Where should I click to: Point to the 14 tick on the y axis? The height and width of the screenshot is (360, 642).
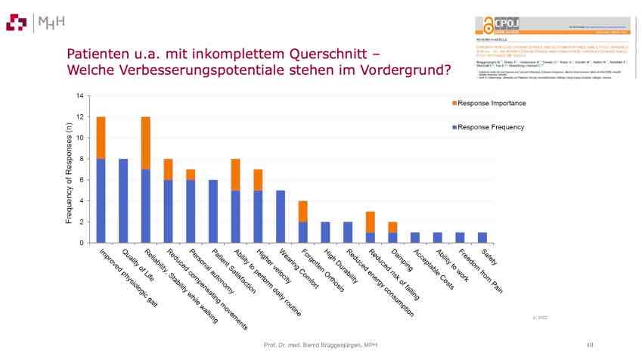tap(78, 97)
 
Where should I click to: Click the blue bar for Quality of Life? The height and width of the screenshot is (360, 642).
tap(123, 200)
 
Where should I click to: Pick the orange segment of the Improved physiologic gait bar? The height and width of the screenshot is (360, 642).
tap(101, 138)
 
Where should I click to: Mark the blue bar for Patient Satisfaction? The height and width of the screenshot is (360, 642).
tap(213, 211)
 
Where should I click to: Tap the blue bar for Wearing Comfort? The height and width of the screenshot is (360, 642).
tap(281, 216)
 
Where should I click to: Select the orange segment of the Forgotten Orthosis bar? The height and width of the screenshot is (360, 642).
tap(302, 211)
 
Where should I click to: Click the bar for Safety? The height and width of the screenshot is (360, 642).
tap(482, 237)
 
